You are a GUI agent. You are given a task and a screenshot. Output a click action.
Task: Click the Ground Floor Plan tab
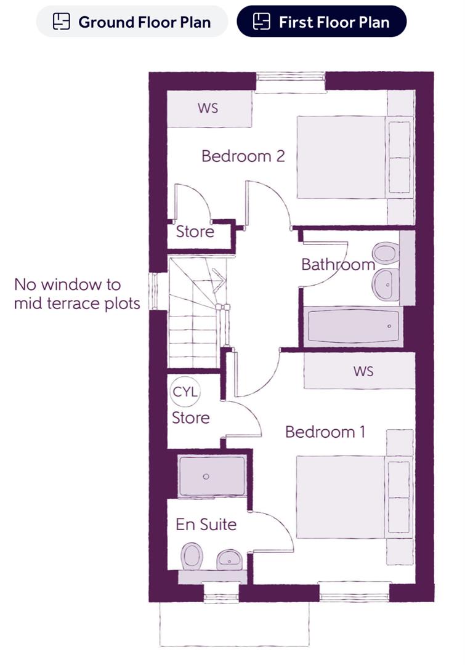[x=132, y=22]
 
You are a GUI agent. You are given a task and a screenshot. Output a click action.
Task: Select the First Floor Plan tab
[x=321, y=22]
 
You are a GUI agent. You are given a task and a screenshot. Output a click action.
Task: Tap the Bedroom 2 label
[x=243, y=156]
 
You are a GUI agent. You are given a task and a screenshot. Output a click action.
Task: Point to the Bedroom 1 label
[x=325, y=432]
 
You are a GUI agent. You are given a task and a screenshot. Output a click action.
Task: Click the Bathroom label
[x=338, y=265]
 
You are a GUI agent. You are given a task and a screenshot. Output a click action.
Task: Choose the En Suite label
[x=206, y=525]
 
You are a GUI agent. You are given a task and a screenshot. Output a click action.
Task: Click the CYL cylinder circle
[x=187, y=392]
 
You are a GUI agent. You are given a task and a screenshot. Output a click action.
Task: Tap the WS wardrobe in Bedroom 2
[x=209, y=109]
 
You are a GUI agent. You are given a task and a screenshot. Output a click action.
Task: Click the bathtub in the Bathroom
[x=350, y=327]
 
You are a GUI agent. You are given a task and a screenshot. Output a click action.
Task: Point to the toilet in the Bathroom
[x=385, y=253]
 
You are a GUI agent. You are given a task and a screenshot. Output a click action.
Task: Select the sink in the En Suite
[x=230, y=559]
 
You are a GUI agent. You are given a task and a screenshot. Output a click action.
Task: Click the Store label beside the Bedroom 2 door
[x=195, y=232]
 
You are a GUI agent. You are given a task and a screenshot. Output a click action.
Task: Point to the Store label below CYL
[x=190, y=418]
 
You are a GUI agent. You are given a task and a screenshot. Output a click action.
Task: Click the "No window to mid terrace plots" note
[x=76, y=294]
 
